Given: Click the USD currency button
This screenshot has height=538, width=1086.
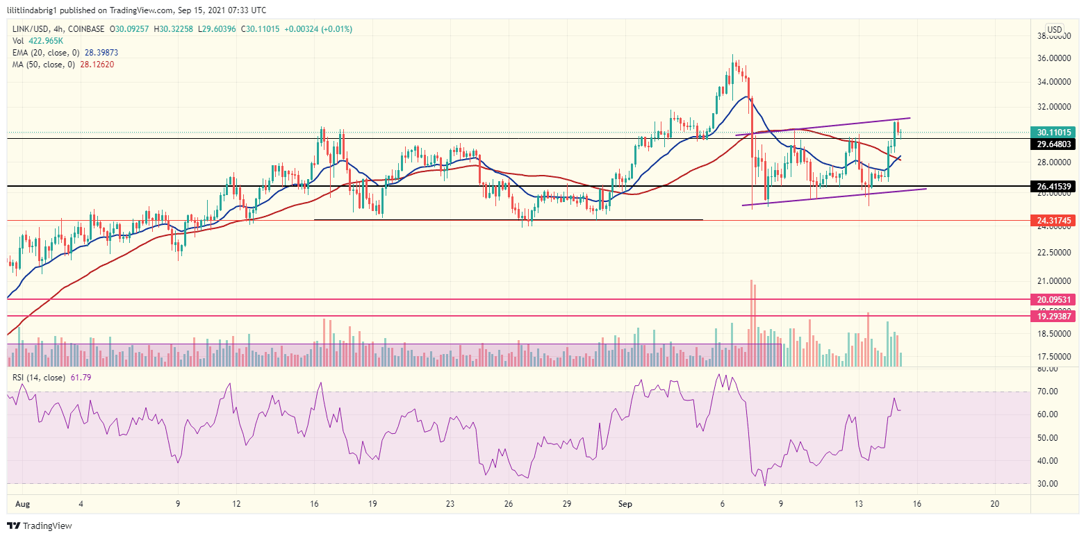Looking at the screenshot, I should tap(1055, 29).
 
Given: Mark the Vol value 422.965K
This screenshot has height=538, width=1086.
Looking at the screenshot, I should tap(44, 41).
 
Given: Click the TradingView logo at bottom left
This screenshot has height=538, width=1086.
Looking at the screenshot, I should tap(40, 526).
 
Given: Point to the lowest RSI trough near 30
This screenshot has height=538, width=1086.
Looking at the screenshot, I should tap(765, 485).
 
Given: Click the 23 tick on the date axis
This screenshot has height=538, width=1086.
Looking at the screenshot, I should tap(450, 503).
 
